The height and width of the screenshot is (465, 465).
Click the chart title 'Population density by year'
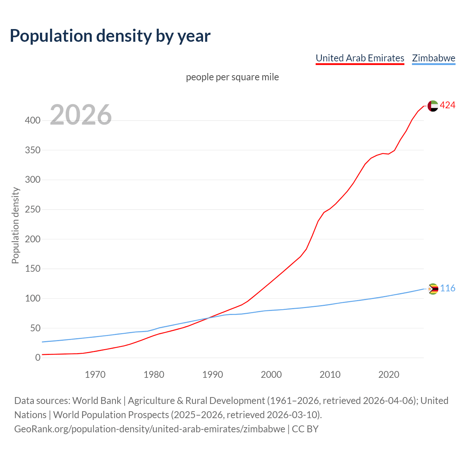(110, 36)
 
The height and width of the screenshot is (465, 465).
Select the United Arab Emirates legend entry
(360, 58)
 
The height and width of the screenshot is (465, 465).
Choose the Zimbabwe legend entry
(433, 58)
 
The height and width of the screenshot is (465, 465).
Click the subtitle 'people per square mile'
(232, 77)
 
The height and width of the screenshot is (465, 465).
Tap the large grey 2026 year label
(81, 115)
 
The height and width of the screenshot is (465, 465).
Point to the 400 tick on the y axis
(33, 120)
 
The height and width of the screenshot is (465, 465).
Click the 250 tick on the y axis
(33, 210)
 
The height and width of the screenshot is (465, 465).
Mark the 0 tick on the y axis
(38, 358)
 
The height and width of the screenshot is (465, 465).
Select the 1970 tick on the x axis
(95, 375)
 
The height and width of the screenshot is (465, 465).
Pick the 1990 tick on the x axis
(213, 375)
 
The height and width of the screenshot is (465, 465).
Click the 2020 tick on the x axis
(389, 375)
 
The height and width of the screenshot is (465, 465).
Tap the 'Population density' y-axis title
(15, 225)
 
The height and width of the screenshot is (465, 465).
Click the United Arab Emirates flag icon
(433, 106)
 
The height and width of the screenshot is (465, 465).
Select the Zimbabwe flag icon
(433, 289)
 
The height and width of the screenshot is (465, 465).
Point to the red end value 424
(448, 105)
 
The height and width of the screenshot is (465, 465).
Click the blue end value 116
(448, 288)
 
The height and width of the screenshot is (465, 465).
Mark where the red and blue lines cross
(208, 318)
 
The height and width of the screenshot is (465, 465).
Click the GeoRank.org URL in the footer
(150, 429)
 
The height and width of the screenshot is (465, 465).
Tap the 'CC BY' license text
(305, 429)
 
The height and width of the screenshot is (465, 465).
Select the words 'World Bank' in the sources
(97, 401)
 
